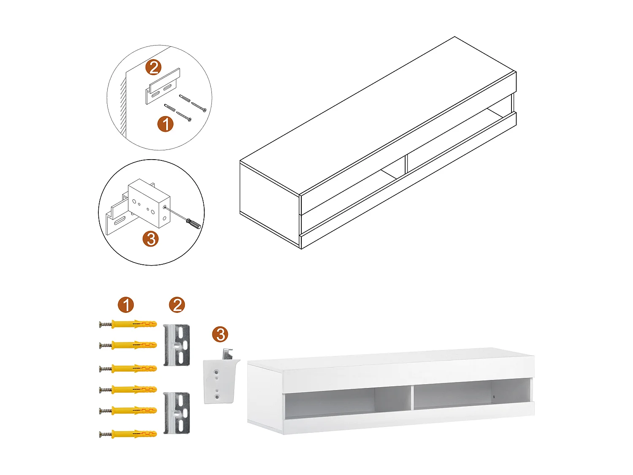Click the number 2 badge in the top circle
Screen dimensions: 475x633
pos(154,68)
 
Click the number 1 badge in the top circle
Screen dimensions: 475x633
pos(165,124)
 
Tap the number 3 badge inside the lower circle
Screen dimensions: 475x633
pos(151,239)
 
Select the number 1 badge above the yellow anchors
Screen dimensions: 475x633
pos(126,305)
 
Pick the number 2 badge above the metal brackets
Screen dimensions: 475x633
pos(177,305)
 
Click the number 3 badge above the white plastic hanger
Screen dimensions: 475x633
pos(220,334)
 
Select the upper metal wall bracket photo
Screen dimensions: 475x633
pos(177,345)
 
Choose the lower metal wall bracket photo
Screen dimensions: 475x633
pos(177,413)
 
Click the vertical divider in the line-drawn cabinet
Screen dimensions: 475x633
pos(405,164)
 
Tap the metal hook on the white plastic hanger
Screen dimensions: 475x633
pos(228,353)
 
